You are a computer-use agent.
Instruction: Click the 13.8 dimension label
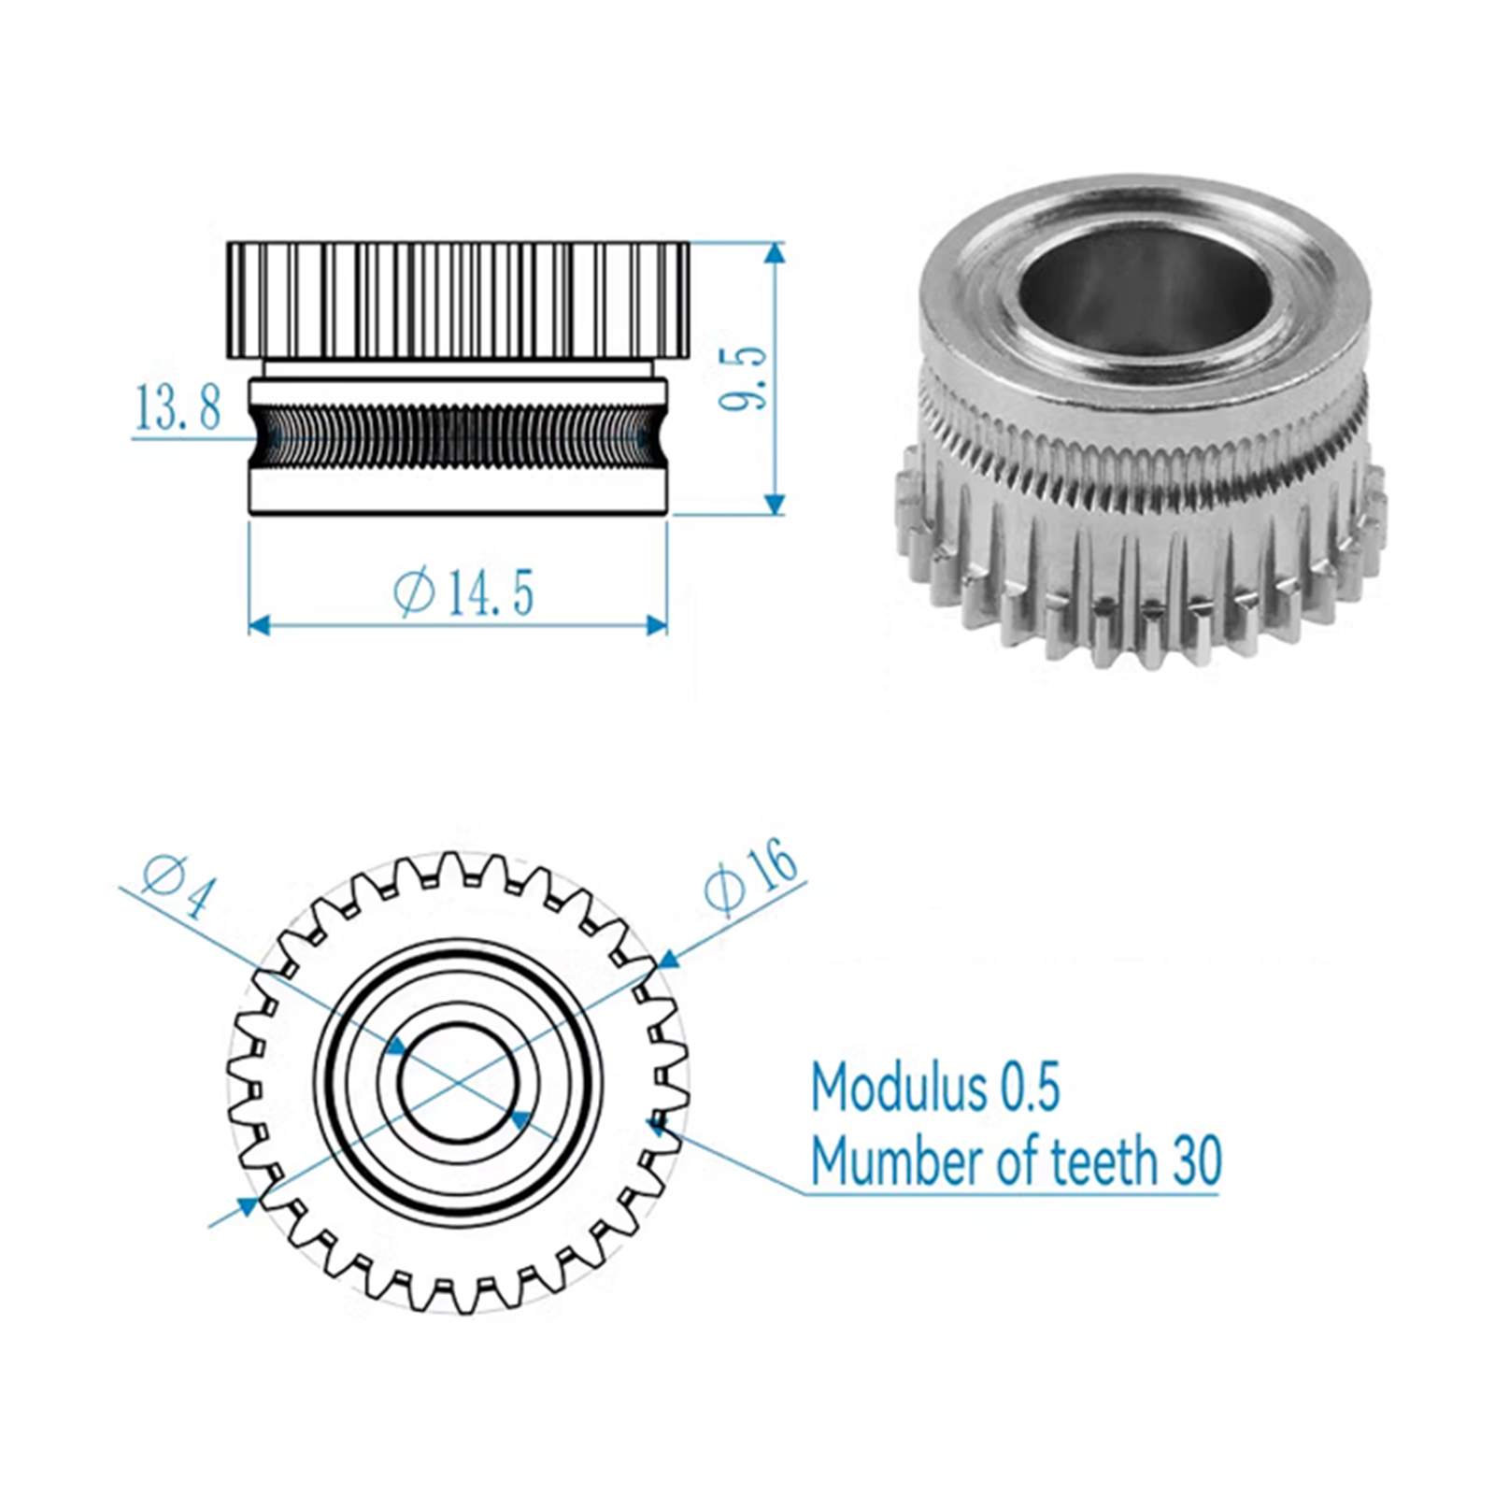pyautogui.click(x=178, y=407)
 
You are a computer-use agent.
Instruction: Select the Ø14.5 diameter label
pyautogui.click(x=463, y=591)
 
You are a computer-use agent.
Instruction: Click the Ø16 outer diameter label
pyautogui.click(x=750, y=875)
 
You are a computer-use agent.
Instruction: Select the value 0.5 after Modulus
pyautogui.click(x=1031, y=1088)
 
